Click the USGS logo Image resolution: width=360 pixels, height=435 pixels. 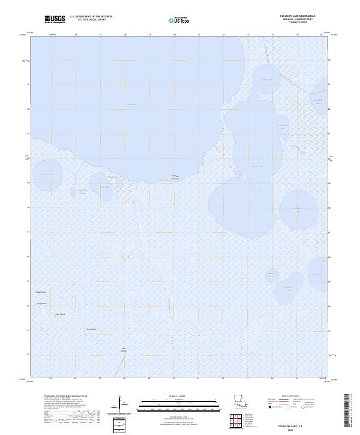tap(55, 19)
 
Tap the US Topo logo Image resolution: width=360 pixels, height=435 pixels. tap(181, 20)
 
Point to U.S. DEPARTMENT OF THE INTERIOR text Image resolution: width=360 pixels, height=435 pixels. tap(91, 16)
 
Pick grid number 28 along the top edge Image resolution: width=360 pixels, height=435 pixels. tap(125, 35)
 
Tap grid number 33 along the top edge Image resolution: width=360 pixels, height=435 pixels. tap(248, 35)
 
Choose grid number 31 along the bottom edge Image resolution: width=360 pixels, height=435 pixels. tap(199, 379)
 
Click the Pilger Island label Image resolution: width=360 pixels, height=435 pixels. tap(41, 292)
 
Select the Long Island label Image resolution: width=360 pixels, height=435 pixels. tap(42, 304)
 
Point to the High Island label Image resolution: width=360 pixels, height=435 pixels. tap(60, 314)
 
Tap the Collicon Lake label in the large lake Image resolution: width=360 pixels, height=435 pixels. tap(132, 104)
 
